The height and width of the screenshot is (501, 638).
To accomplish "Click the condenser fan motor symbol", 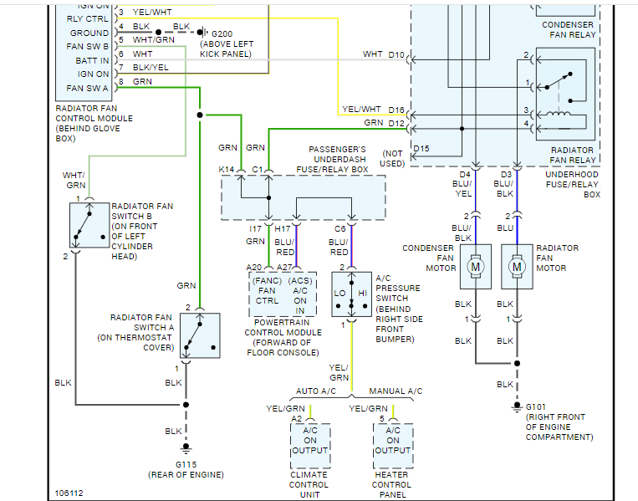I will (x=476, y=266).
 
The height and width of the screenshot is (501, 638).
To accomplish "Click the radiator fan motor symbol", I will (x=517, y=266).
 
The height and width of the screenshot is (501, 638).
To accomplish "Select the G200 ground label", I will (x=221, y=33).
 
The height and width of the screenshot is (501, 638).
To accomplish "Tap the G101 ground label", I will (x=536, y=406).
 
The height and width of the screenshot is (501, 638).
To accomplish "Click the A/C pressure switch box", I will (x=351, y=294).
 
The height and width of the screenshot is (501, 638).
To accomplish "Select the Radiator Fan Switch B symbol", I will (x=89, y=224).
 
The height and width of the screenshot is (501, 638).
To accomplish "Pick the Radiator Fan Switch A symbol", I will (x=200, y=335).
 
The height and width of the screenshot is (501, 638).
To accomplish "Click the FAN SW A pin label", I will (x=88, y=89).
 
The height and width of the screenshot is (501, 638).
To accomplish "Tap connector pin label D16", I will (x=396, y=110).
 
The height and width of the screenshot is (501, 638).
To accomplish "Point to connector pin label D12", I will (x=396, y=123).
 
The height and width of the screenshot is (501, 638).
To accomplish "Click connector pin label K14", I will (x=227, y=170).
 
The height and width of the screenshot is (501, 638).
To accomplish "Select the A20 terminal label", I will (x=254, y=267).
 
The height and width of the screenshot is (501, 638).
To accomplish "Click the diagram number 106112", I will (x=69, y=493).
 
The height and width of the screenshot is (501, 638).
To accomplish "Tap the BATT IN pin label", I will (x=92, y=60).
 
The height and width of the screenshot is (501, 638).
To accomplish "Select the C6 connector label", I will (x=340, y=227).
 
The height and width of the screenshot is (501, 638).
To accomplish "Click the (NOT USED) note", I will (x=393, y=158).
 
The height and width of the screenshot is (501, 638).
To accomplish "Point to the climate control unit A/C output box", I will (x=310, y=441).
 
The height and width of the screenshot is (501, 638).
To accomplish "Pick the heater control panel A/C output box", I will (x=393, y=441).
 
